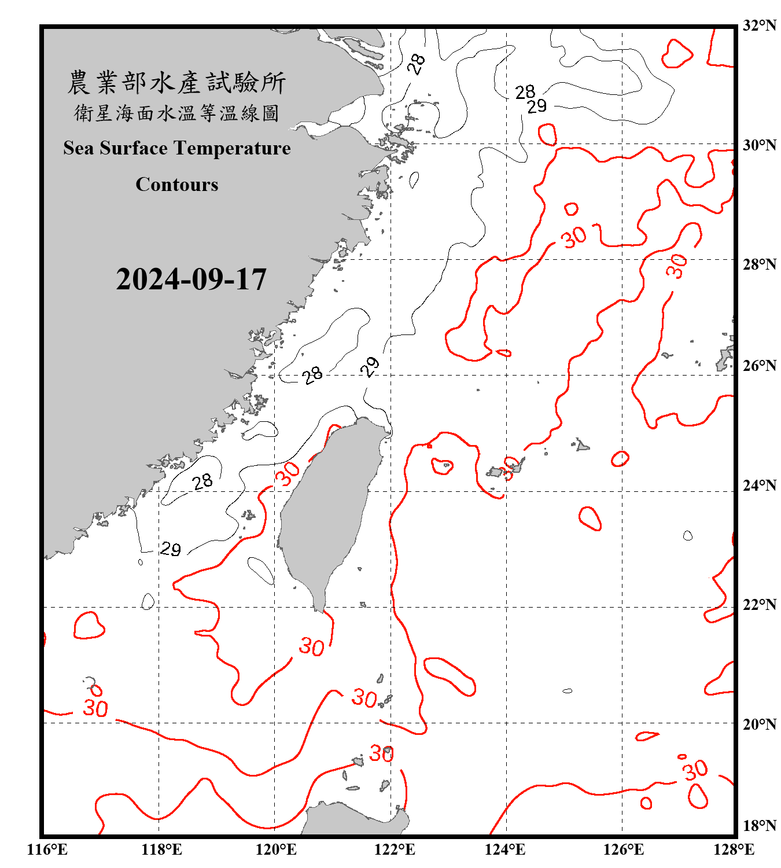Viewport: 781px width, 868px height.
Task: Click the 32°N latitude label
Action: coord(759,25)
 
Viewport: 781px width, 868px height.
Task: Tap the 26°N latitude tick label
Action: coord(759,366)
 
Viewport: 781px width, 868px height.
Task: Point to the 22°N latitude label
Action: coord(759,605)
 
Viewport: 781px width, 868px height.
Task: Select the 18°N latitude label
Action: coord(759,826)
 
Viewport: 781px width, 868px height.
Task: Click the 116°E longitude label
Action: coord(47,849)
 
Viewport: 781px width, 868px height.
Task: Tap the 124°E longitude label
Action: coord(505,849)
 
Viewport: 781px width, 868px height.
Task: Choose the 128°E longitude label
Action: coord(734,849)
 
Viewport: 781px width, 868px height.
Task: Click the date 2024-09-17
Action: coord(191,279)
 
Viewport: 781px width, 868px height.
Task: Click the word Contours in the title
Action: coord(177,185)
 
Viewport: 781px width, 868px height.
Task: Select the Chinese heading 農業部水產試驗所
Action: coord(176,83)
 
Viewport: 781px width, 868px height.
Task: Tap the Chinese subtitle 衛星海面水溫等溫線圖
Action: coord(176,113)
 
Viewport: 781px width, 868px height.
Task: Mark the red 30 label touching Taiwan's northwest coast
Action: coord(288,473)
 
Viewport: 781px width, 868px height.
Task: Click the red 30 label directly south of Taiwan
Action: coord(311,646)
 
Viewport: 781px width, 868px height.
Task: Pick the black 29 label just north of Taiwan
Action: coord(370,366)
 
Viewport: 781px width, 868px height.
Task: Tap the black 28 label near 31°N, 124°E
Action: coord(525,92)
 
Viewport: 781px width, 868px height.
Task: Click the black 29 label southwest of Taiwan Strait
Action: coord(171,549)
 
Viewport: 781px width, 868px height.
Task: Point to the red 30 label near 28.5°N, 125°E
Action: coord(574,237)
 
